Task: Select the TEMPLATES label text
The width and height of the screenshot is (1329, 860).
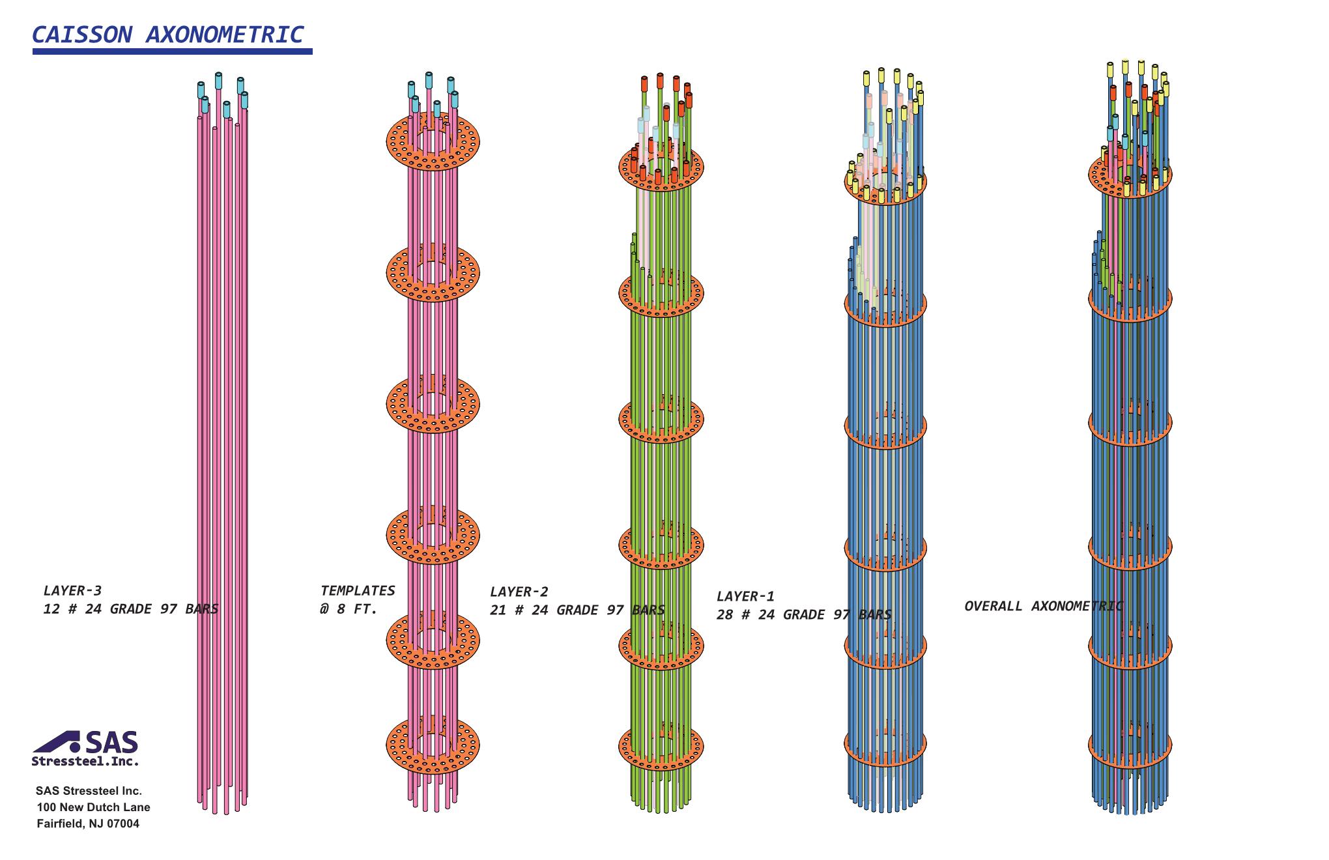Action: (358, 591)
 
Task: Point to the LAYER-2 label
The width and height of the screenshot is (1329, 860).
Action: (519, 592)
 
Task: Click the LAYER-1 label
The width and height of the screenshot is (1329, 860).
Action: (746, 597)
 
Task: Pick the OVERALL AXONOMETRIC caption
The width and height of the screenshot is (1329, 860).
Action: (1044, 607)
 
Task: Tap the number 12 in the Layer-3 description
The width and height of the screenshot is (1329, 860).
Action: (51, 610)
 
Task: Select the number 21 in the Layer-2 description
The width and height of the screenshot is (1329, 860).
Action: (498, 610)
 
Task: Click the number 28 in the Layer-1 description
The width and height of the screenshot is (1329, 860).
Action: (725, 615)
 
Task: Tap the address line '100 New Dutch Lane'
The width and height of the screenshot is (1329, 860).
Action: (93, 807)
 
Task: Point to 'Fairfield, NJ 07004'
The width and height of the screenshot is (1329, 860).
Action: (88, 824)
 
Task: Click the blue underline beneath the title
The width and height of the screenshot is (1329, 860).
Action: (173, 51)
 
